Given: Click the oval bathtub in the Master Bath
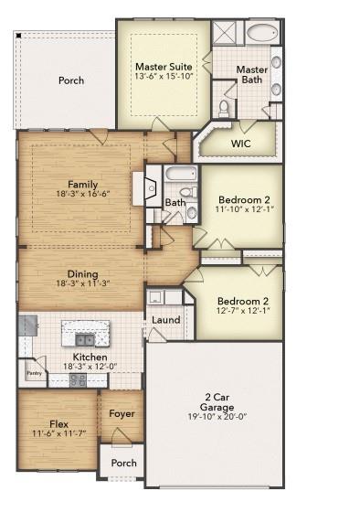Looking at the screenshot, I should (263, 34).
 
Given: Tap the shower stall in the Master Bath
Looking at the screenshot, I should (225, 33).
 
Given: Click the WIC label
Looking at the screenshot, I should (241, 144).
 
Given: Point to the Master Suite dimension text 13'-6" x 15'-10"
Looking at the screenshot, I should (164, 77).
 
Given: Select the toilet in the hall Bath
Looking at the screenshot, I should (191, 214).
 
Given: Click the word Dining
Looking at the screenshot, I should (82, 273).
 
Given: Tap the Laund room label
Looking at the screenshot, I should (165, 320).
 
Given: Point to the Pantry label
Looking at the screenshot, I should (34, 373).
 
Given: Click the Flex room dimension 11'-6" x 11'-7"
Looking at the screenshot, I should (58, 433).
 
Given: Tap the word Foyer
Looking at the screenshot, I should (122, 413).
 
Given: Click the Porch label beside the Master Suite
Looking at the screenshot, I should (71, 80).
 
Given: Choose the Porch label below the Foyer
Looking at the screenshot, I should (123, 463).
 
